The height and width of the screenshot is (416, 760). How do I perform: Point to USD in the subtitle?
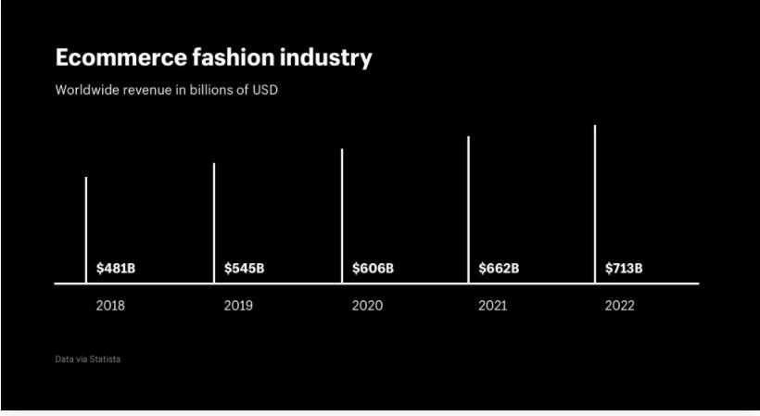(265, 91)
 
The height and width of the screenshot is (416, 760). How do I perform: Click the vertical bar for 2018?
(86, 229)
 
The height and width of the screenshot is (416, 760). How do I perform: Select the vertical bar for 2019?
(214, 222)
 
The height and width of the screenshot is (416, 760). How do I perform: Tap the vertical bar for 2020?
(342, 215)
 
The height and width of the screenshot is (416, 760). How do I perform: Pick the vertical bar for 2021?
(468, 209)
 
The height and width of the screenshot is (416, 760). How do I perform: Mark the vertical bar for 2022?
(595, 204)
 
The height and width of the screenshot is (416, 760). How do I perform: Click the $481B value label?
(116, 269)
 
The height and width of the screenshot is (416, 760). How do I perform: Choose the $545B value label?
(244, 269)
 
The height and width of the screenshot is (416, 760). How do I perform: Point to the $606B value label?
(373, 269)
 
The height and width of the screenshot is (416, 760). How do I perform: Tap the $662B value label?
(499, 269)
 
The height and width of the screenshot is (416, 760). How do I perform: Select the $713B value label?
(624, 269)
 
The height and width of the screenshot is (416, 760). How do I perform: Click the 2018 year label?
(110, 306)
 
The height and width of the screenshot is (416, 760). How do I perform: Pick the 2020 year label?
(367, 306)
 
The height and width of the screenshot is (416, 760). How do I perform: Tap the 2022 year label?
(619, 306)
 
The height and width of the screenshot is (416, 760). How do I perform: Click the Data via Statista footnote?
(87, 359)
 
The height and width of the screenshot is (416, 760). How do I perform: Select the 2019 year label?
(238, 306)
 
